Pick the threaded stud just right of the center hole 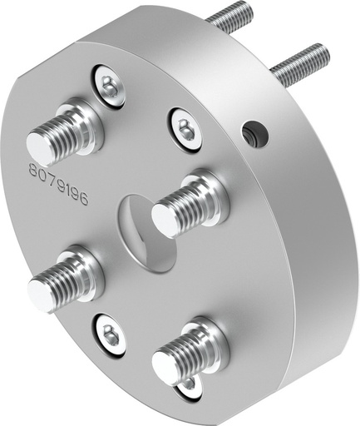(188, 203)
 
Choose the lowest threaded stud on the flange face (188, 353)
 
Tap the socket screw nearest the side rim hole (185, 127)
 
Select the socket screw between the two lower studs (110, 334)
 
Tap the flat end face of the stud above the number (40, 146)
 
